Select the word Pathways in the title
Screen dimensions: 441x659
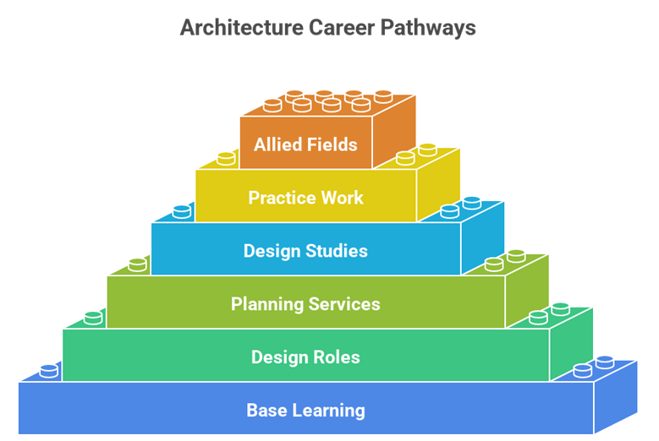click(427, 27)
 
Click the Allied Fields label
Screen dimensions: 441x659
click(305, 144)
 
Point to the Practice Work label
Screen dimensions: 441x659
click(305, 199)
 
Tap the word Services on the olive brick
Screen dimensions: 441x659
click(345, 304)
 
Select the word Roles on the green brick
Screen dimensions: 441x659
click(338, 357)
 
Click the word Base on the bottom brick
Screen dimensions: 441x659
click(266, 411)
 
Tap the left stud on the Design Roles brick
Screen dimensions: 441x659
click(94, 318)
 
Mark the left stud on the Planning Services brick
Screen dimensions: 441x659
click(138, 264)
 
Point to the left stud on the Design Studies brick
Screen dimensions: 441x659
click(182, 211)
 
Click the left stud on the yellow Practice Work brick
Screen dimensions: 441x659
click(226, 158)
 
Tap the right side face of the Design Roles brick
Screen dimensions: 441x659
click(572, 343)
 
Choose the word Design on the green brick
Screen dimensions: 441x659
click(279, 357)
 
